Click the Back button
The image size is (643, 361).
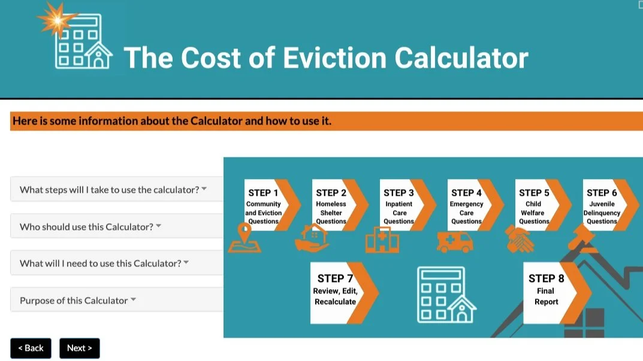coord(31,348)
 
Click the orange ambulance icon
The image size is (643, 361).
coord(455,241)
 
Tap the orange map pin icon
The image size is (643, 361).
coord(244,238)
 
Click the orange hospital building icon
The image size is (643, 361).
coord(382,240)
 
